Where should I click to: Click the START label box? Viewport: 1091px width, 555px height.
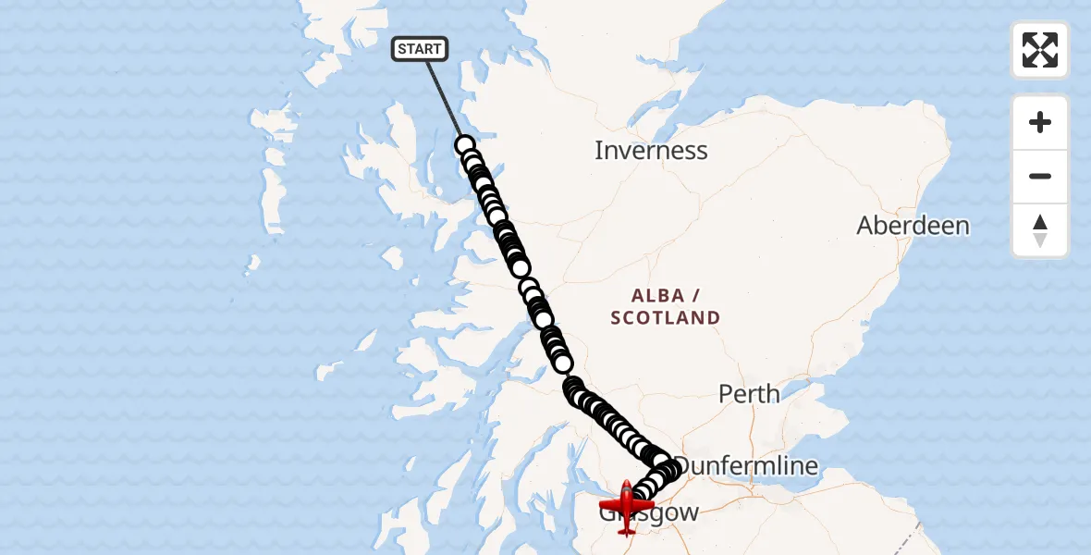point(420,49)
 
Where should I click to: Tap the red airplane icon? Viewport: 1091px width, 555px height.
point(626,506)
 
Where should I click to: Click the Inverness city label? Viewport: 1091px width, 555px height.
point(651,150)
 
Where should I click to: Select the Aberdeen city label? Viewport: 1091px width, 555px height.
point(913,226)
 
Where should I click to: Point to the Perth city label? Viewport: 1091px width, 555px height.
point(749,393)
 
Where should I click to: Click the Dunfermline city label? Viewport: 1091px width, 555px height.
point(747,465)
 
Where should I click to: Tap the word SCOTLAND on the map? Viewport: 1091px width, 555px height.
point(666,318)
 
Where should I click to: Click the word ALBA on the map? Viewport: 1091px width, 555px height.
point(657,296)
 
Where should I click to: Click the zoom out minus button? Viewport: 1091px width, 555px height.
point(1040,176)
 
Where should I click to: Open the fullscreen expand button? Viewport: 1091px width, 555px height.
point(1040,50)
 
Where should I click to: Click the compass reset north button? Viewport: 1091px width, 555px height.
point(1040,230)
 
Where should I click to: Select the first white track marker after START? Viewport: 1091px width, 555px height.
point(465,145)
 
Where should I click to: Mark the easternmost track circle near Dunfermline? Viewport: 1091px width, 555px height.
point(669,469)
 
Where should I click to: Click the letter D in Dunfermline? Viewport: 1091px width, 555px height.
point(685,465)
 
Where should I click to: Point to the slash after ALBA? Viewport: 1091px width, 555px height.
point(694,296)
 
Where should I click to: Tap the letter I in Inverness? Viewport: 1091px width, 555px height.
point(599,150)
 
